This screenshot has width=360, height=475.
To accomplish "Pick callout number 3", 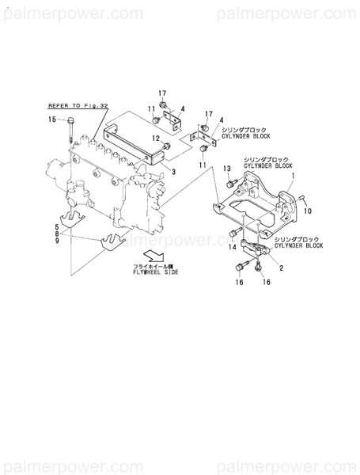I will click(174, 171).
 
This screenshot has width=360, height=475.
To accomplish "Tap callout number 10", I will click(309, 211).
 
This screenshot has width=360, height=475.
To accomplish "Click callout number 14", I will click(233, 248).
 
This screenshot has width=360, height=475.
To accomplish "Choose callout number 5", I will click(56, 226).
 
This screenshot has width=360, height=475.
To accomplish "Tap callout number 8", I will click(56, 234).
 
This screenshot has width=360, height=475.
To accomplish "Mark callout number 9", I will click(56, 241).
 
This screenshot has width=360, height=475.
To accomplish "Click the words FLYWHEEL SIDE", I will click(156, 272).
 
